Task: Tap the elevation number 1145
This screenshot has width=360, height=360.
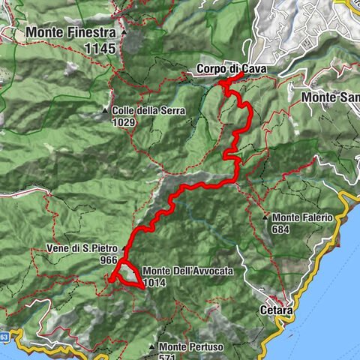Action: point(103,49)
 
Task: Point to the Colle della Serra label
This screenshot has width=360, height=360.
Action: point(150,110)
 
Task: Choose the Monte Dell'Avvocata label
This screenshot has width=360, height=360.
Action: point(185,271)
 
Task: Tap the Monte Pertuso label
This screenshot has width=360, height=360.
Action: point(191,346)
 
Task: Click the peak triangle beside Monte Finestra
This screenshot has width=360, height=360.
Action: point(124,33)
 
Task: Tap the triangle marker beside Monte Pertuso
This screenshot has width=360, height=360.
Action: point(152,347)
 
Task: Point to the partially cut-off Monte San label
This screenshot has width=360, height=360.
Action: point(331,97)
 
